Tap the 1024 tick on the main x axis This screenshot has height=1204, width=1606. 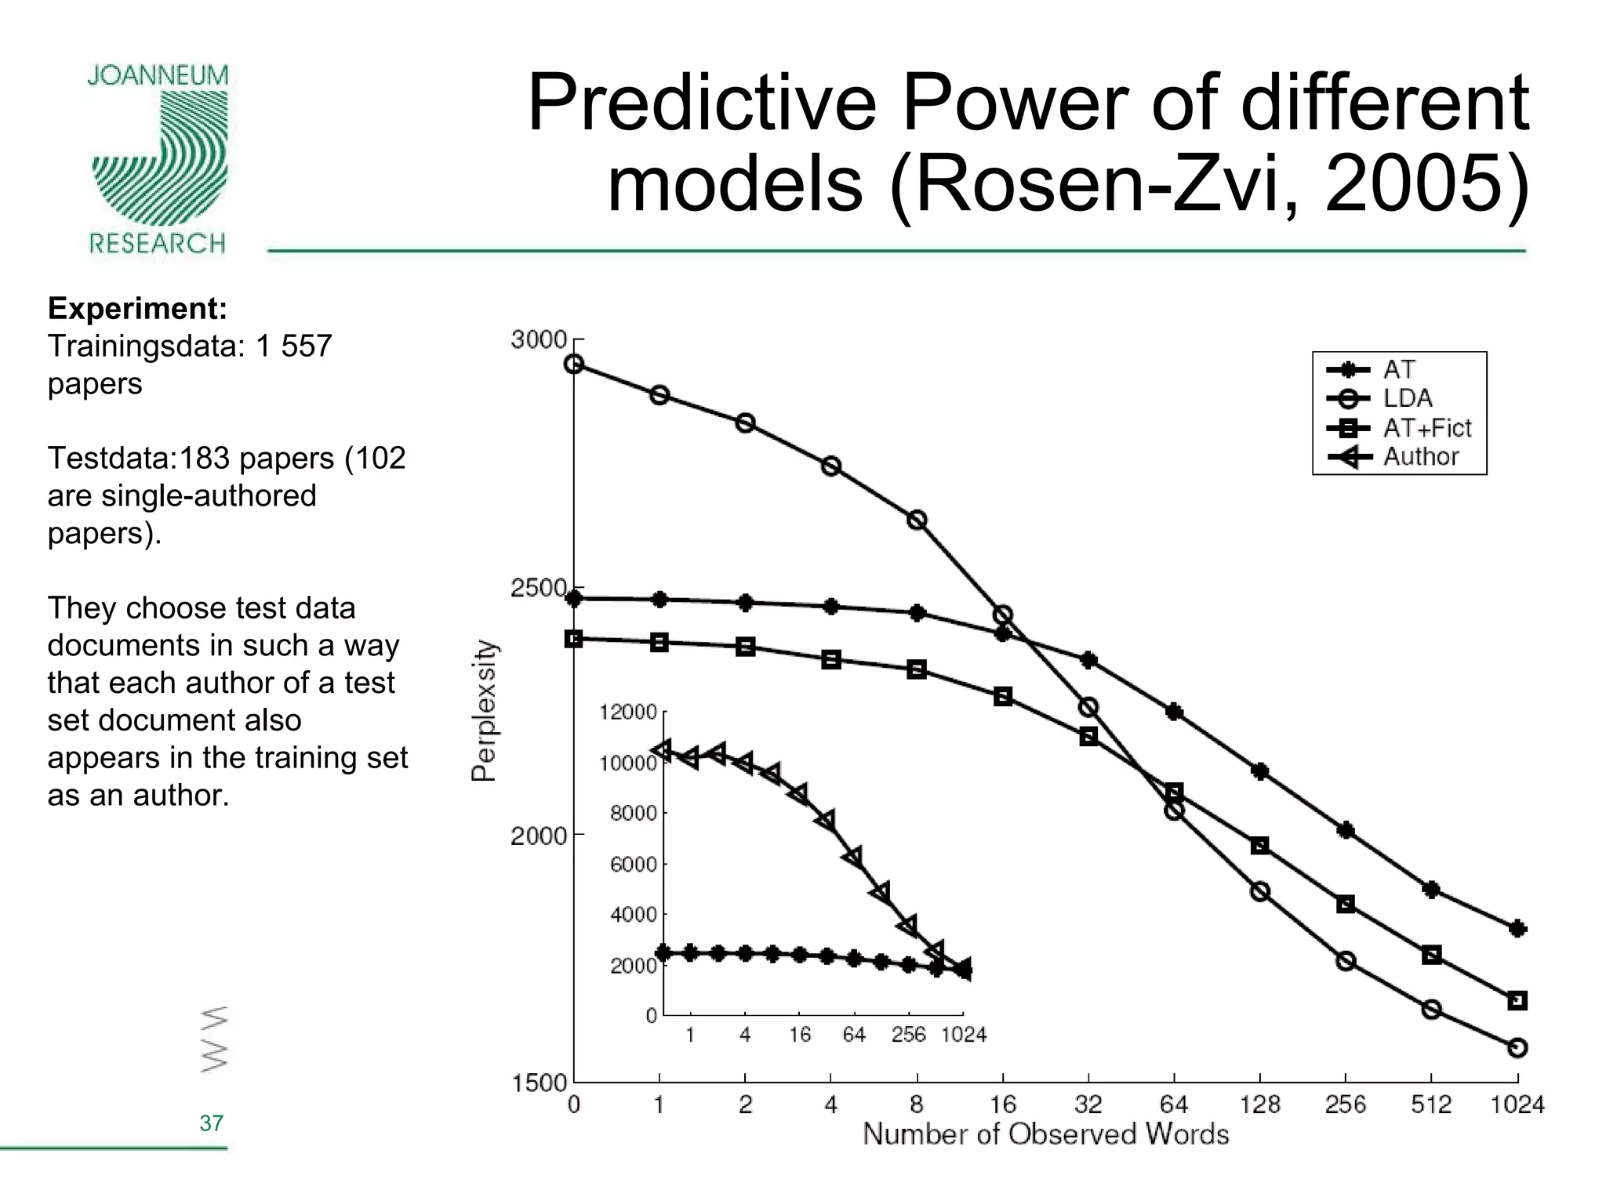1517,1104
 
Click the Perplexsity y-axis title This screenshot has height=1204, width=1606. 485,710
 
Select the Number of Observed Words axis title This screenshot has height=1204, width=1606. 1045,1134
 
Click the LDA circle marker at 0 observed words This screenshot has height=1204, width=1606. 574,364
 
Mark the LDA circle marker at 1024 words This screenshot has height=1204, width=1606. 1517,1047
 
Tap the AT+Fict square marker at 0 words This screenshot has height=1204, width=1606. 574,638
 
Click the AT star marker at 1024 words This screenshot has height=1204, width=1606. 1517,928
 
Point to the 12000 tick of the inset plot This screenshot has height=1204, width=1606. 628,712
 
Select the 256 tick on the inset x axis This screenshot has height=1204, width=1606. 908,1035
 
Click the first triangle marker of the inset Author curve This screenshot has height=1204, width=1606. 663,749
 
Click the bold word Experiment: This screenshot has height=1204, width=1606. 137,309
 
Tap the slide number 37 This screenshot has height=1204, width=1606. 211,1123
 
